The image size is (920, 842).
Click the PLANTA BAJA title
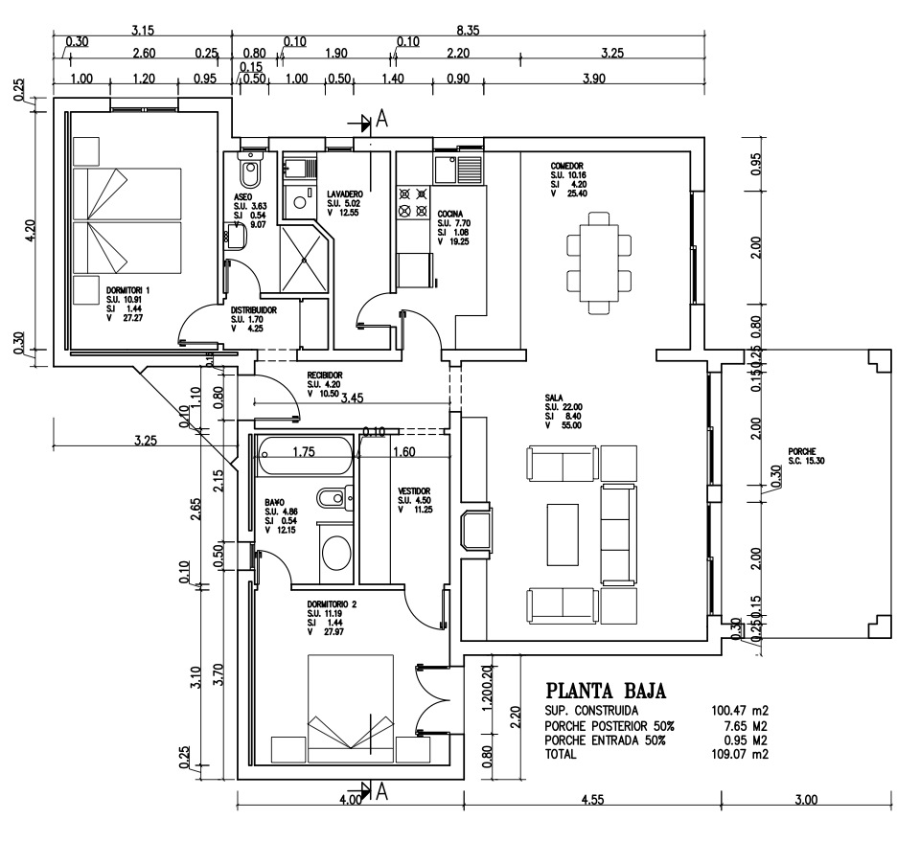[605, 691]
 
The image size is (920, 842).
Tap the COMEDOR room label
[567, 165]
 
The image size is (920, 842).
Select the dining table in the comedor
[600, 257]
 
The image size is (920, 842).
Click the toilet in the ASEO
[250, 173]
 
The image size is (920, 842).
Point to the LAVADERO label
[344, 193]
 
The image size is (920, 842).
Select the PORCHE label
[802, 451]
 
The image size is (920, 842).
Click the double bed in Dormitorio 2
[350, 704]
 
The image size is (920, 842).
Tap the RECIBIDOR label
[325, 375]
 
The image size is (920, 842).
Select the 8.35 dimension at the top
[467, 31]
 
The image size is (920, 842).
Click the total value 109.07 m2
[741, 755]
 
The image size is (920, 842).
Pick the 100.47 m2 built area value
[741, 712]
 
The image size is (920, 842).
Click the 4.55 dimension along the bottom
[592, 799]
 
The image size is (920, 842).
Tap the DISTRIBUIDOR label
[254, 311]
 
